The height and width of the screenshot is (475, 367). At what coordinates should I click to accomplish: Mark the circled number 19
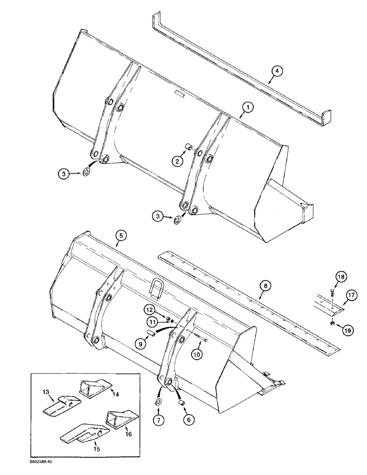[335, 328]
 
